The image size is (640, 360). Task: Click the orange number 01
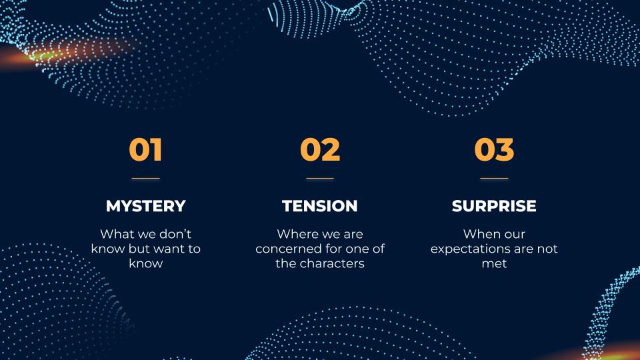coord(146,149)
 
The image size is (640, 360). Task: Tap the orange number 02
coord(320,149)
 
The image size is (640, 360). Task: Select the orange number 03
coord(494,149)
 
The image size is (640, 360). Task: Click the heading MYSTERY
coord(146,206)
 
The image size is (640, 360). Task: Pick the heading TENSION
coord(320,206)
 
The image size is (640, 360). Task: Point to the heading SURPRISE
coord(494,206)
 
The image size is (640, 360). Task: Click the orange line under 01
coord(146,179)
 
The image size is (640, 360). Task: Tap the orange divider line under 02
coord(320,179)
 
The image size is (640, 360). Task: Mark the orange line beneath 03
coord(494,179)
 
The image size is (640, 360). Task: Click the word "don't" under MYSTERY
coord(175,234)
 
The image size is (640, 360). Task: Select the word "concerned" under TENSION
coord(285,249)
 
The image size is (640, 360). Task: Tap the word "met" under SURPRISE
coord(494,264)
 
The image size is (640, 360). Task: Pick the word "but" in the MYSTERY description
coord(139,249)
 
